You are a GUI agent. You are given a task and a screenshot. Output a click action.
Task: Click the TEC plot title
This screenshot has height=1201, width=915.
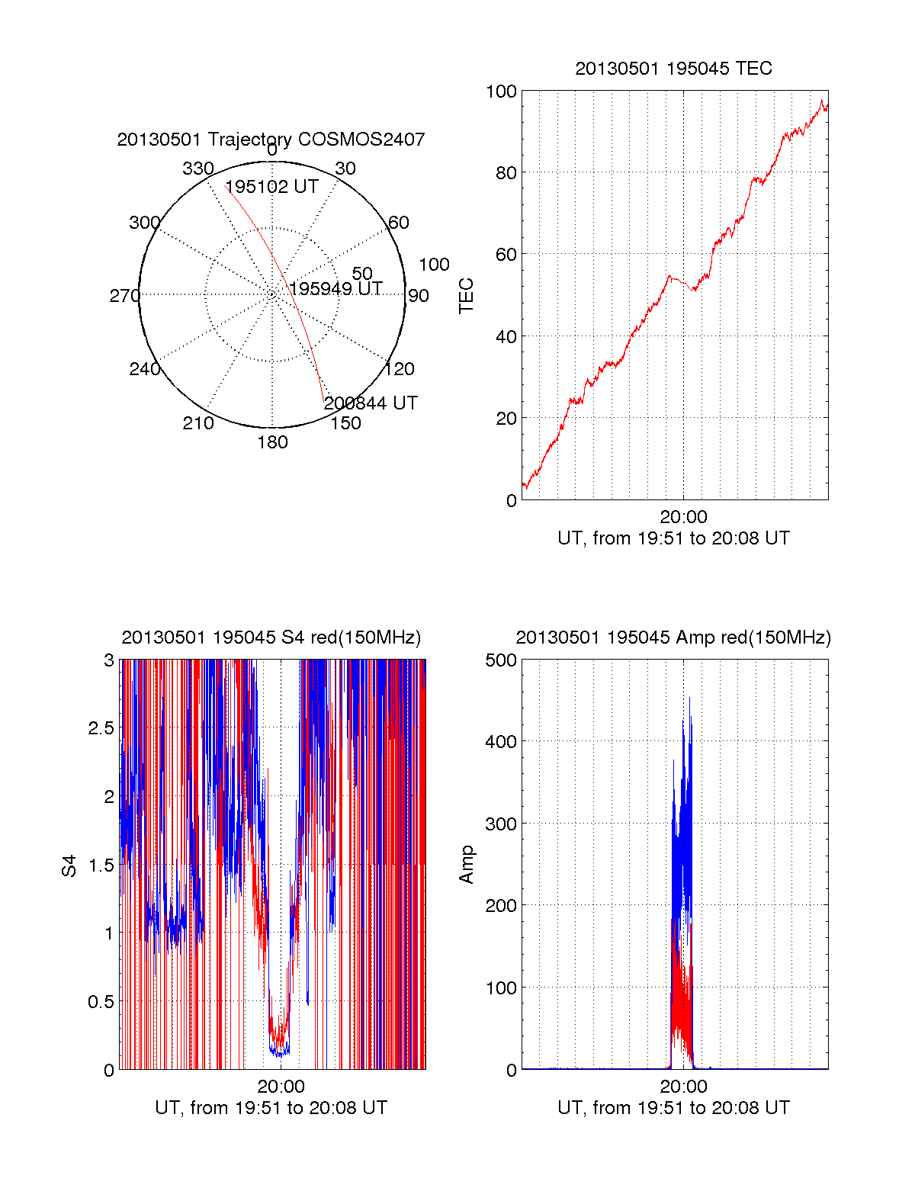(x=673, y=69)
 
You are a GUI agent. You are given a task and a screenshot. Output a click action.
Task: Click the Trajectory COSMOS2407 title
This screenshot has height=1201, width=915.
(x=271, y=140)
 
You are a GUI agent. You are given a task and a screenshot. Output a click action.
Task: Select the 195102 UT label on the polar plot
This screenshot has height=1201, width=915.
(x=271, y=187)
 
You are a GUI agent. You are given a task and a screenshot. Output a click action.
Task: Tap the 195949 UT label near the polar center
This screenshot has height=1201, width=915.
(x=336, y=288)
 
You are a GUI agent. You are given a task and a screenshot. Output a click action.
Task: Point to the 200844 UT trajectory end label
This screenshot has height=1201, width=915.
(x=371, y=403)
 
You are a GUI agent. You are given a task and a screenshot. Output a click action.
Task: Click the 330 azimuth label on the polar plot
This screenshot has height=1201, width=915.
(x=198, y=169)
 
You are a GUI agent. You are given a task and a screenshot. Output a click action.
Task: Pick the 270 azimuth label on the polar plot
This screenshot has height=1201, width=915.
(x=124, y=296)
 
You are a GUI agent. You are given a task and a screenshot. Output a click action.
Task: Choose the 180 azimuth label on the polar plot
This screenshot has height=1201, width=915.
(x=272, y=442)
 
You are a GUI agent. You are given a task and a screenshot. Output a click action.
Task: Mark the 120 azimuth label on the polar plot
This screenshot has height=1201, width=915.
(x=400, y=369)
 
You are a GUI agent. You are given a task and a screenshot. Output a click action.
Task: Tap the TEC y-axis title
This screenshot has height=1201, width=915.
(x=466, y=295)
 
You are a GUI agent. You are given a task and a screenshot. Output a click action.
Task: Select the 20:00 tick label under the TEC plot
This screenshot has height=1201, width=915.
(x=683, y=517)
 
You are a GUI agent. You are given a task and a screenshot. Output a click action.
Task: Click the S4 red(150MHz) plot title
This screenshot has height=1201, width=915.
(x=271, y=637)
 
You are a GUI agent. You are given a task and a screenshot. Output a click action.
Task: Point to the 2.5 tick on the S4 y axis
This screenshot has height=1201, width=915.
(x=101, y=728)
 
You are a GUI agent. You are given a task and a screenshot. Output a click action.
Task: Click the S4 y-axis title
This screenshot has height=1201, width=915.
(x=69, y=865)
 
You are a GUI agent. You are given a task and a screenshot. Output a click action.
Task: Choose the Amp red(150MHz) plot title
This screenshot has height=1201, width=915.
(x=673, y=637)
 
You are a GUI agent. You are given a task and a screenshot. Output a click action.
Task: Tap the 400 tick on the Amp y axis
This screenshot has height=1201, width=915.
(x=501, y=741)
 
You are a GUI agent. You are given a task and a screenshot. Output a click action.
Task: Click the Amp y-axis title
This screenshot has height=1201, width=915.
(x=466, y=865)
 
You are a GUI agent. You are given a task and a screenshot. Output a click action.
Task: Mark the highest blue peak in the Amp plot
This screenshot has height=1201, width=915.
(x=689, y=698)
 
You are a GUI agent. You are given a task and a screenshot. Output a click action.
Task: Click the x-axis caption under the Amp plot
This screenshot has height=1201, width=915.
(x=673, y=1108)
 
